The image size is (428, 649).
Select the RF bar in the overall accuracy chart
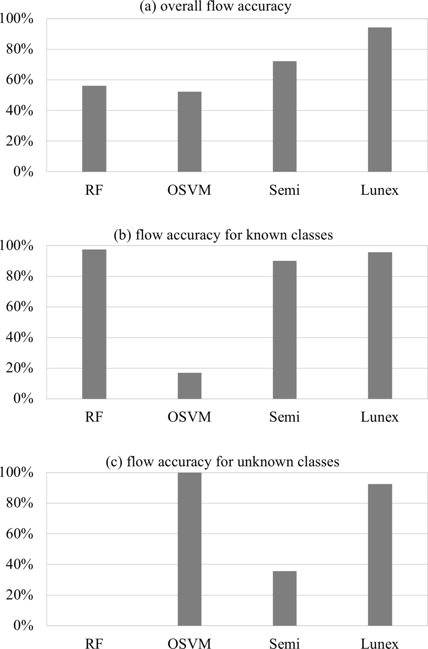tap(94, 128)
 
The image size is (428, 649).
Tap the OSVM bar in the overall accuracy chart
tap(189, 132)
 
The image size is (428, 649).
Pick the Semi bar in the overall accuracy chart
tap(284, 116)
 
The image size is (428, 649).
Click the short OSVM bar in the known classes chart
tap(189, 385)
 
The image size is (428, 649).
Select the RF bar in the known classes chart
tap(94, 324)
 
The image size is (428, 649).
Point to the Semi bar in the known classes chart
tap(284, 330)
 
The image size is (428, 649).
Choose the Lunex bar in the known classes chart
tap(380, 325)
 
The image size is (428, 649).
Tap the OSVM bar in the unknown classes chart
tap(189, 549)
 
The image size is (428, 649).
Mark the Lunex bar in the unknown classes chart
tap(380, 554)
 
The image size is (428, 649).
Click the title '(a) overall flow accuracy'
tap(215, 7)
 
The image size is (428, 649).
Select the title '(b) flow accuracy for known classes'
tap(223, 235)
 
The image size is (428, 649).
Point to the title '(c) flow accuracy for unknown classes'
tap(222, 462)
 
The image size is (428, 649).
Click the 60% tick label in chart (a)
tap(20, 80)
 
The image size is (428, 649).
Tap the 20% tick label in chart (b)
tap(20, 368)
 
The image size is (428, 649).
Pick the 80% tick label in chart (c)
tap(20, 503)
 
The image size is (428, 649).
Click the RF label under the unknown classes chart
tap(94, 643)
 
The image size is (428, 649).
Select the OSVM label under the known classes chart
tap(189, 417)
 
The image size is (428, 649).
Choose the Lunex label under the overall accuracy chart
tap(379, 190)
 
